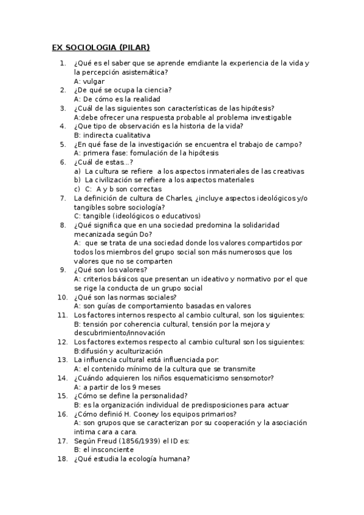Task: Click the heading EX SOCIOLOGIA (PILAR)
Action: (x=100, y=47)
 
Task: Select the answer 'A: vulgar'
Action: (x=89, y=81)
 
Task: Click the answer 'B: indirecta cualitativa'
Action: (x=112, y=135)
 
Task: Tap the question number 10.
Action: (x=61, y=297)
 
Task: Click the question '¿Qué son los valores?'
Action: (x=110, y=270)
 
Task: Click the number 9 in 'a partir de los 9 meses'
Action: (x=134, y=386)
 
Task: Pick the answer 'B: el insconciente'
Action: (x=103, y=449)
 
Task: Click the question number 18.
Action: (x=61, y=459)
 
